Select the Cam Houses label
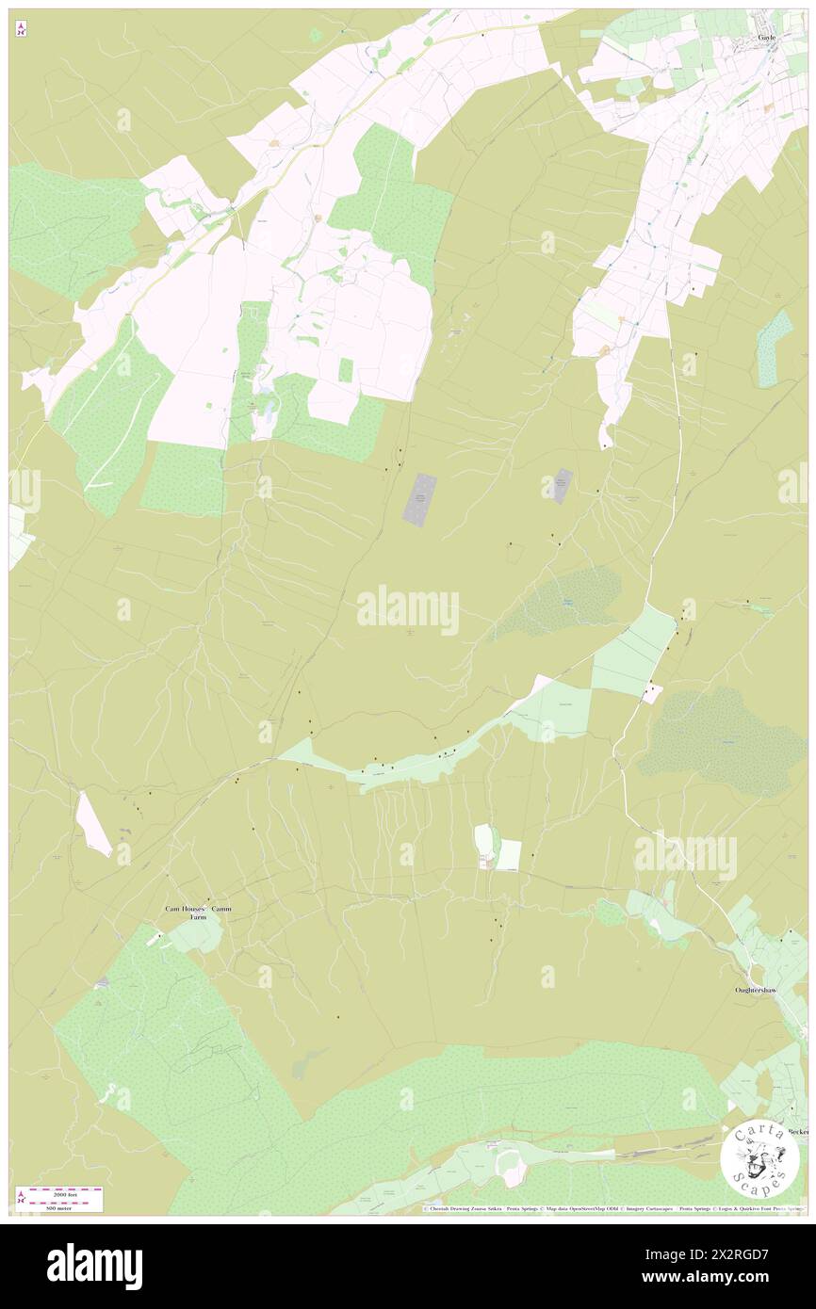pyautogui.click(x=185, y=909)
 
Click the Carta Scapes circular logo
pyautogui.click(x=759, y=1157)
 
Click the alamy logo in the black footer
pyautogui.click(x=94, y=1266)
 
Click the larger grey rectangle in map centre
pyautogui.click(x=420, y=499)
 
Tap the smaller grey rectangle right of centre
pyautogui.click(x=562, y=486)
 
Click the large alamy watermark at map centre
pyautogui.click(x=408, y=610)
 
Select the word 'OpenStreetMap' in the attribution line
pyautogui.click(x=598, y=1208)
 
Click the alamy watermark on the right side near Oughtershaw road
pyautogui.click(x=685, y=856)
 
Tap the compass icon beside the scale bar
pyautogui.click(x=20, y=1199)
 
